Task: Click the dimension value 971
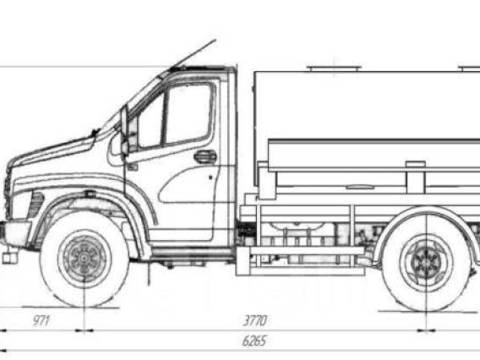click(x=41, y=320)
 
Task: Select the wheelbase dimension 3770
click(x=255, y=320)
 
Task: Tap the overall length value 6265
click(x=254, y=341)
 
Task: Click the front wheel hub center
click(x=84, y=259)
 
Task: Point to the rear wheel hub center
click(x=426, y=262)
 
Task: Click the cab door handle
click(x=205, y=156)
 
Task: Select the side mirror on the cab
click(x=124, y=130)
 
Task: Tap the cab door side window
click(x=188, y=113)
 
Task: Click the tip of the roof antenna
click(x=215, y=40)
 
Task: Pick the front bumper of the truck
click(x=15, y=232)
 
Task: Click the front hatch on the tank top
click(x=334, y=68)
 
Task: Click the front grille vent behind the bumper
click(x=36, y=205)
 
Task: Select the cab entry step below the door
click(x=191, y=253)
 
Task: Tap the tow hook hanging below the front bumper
click(x=9, y=258)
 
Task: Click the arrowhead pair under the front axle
click(x=85, y=330)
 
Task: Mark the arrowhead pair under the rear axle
click(x=426, y=330)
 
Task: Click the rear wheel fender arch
click(x=427, y=209)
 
